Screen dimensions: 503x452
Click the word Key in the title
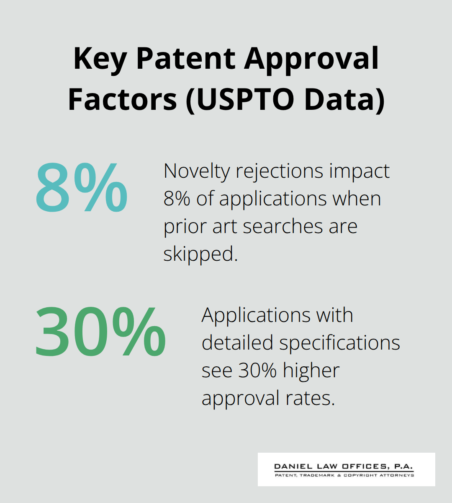pos(100,59)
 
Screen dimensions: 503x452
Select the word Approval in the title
pos(311,59)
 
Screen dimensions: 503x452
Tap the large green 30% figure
pos(100,332)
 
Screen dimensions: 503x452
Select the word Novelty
pos(197,171)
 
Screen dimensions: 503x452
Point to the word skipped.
pos(200,254)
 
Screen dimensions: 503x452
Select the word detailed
pos(238,342)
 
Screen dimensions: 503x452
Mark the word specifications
pos(340,342)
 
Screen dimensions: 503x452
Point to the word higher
pos(311,370)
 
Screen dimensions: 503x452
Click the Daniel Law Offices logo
pos(346,469)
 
